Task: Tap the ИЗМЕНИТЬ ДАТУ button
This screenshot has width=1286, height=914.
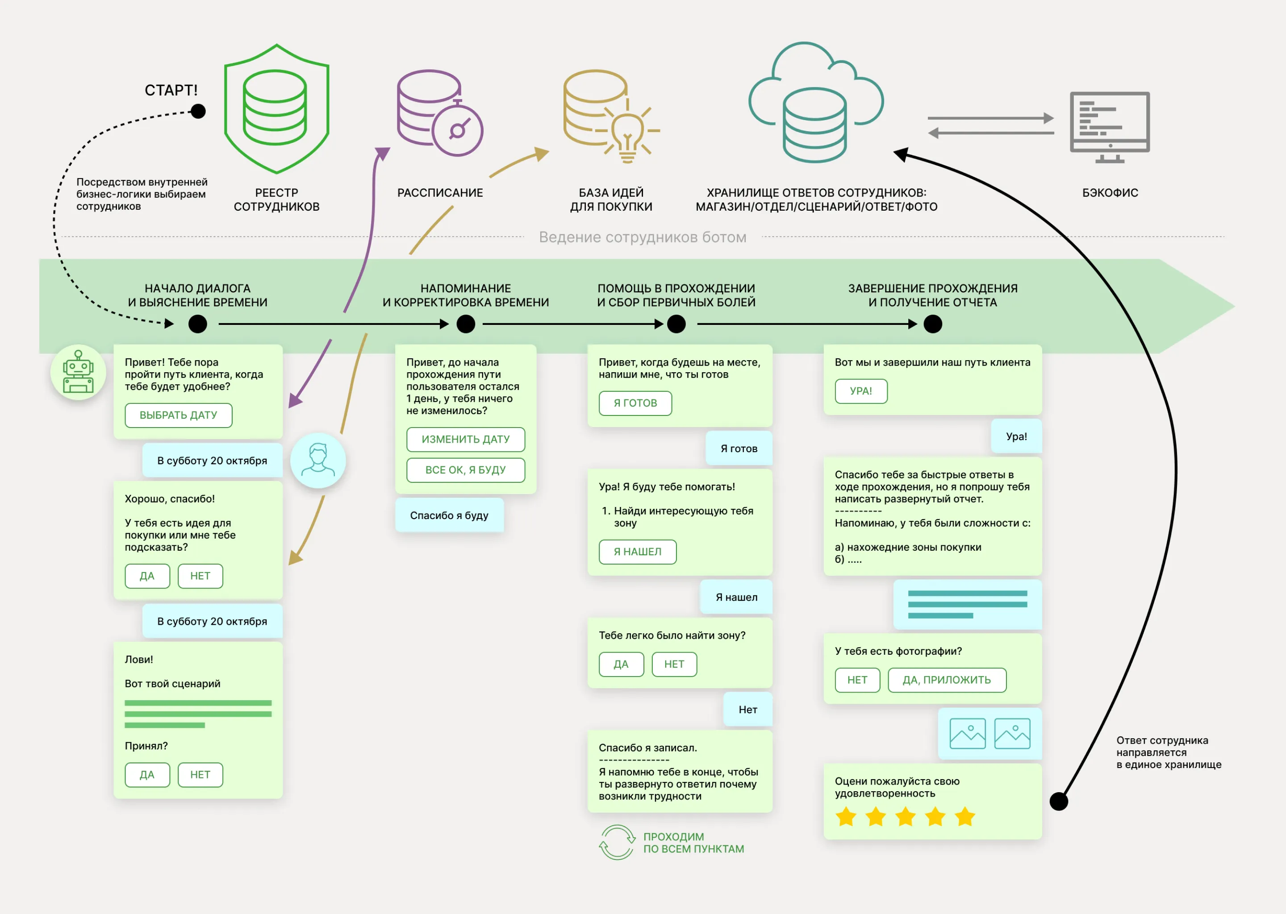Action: pyautogui.click(x=466, y=440)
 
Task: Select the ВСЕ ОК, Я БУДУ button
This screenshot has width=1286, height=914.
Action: pyautogui.click(x=466, y=470)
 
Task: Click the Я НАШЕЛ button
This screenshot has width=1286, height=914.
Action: pyautogui.click(x=637, y=552)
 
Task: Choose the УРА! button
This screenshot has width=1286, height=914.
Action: pyautogui.click(x=861, y=391)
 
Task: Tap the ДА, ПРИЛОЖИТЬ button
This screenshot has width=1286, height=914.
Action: pyautogui.click(x=947, y=680)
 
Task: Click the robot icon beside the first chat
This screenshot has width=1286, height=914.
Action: pyautogui.click(x=78, y=372)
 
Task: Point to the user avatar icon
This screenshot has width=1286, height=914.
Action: pyautogui.click(x=318, y=461)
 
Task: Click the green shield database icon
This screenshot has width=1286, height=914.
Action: pyautogui.click(x=276, y=108)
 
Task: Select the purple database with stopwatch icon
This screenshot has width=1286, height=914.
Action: pyautogui.click(x=440, y=113)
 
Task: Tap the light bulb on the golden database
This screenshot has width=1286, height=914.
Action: pyautogui.click(x=627, y=134)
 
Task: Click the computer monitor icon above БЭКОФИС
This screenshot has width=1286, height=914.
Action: pyautogui.click(x=1110, y=127)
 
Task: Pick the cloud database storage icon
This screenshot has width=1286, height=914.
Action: pyautogui.click(x=816, y=102)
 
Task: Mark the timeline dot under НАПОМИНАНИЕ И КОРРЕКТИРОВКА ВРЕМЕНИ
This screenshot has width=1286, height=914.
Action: pyautogui.click(x=466, y=324)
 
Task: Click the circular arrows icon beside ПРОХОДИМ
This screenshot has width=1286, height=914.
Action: pyautogui.click(x=617, y=843)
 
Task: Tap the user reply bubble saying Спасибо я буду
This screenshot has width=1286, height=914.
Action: pyautogui.click(x=449, y=515)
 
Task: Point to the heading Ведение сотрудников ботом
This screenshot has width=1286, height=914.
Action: pyautogui.click(x=643, y=237)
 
